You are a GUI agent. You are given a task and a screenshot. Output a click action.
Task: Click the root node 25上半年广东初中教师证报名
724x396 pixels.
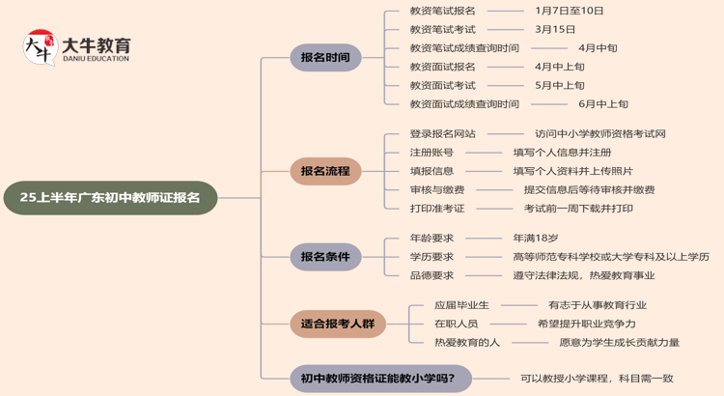coord(110,197)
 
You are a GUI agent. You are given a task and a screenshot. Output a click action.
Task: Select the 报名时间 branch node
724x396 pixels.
coord(325,58)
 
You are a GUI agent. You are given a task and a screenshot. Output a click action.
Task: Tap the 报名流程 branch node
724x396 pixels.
coord(325,171)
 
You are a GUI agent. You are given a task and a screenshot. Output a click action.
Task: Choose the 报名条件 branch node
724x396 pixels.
coord(325,257)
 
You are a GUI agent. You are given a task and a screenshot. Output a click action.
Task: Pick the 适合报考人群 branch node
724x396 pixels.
coord(338,324)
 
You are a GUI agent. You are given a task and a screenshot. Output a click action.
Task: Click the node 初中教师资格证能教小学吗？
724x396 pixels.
coord(379,378)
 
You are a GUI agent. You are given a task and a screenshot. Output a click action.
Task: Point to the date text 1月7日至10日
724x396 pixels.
coord(569,11)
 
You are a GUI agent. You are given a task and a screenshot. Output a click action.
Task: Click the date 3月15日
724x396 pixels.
coord(555,29)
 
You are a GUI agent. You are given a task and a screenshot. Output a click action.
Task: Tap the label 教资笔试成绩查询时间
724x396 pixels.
coord(464,48)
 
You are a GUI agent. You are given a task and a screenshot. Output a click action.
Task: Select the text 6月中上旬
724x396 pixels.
coord(603,104)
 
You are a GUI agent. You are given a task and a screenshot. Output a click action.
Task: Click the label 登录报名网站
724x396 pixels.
coord(442,133)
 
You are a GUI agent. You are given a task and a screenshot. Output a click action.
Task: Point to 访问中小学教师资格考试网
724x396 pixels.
coord(600,133)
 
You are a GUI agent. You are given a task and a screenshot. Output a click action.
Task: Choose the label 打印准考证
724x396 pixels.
coord(437,208)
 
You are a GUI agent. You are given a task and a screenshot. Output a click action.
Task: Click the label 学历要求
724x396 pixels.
coord(432,257)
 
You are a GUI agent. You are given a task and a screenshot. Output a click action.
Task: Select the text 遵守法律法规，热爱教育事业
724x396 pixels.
coord(583,275)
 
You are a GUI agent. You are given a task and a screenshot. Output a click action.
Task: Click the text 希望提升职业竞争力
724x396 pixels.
coord(586,324)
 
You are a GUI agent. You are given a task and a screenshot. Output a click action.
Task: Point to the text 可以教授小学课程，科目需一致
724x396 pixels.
coord(597,379)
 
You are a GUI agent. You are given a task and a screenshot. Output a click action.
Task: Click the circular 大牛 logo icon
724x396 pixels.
coord(41,49)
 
